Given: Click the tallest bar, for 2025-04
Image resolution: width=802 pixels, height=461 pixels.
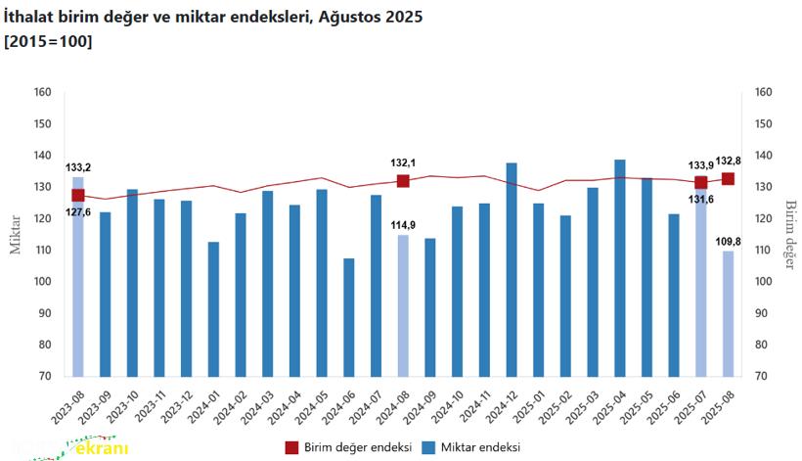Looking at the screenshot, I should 620,267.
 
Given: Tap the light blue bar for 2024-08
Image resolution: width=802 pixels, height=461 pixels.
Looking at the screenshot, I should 403,305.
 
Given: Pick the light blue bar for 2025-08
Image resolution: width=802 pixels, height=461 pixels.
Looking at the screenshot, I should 728,313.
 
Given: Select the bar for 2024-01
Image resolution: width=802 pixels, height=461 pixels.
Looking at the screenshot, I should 213,308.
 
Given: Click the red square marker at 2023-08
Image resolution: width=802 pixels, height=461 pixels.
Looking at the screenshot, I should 78,195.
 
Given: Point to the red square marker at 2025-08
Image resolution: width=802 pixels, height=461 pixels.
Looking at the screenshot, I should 728,178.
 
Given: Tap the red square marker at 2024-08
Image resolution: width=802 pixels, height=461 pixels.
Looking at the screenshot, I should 403,181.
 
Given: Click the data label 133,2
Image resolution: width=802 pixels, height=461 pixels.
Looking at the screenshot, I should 79,167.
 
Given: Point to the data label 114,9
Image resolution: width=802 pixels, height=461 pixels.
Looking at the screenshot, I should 403,225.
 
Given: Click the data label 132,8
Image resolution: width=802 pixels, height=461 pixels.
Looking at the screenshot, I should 728,161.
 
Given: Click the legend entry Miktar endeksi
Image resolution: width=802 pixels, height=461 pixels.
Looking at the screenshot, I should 471,446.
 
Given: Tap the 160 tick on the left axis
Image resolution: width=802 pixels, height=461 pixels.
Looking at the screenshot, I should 42,93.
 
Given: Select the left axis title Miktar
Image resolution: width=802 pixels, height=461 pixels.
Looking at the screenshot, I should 15,235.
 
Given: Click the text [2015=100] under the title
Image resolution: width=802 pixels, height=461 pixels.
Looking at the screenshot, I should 49,42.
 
